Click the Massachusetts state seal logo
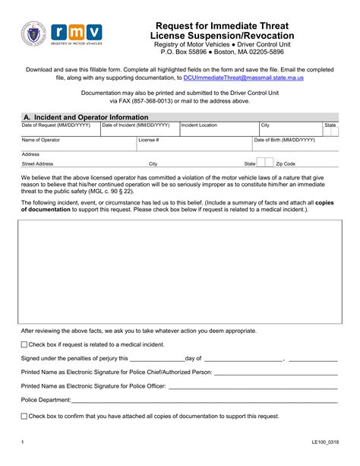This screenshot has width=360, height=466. coord(36,36)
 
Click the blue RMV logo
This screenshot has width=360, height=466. coord(77,34)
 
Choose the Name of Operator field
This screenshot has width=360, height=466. coord(87,144)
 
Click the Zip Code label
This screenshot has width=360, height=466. coord(286,163)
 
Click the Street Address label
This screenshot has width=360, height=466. coord(37,163)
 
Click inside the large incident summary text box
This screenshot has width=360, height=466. coord(179,269)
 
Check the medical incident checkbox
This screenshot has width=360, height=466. coord(24,344)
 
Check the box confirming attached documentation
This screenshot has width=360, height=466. coord(24,416)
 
